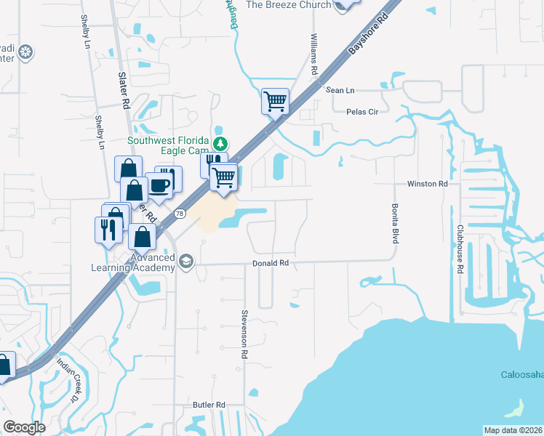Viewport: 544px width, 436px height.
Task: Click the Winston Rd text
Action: (x=427, y=185)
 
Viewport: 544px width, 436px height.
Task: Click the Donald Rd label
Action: (x=271, y=263)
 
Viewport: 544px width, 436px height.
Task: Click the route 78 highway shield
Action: (x=180, y=213)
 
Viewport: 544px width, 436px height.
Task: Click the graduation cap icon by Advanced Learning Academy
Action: (x=187, y=262)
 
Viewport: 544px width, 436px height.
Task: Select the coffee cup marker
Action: (x=159, y=185)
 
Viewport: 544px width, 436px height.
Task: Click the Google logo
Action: (x=24, y=427)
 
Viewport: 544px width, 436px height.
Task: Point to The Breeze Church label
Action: (x=289, y=4)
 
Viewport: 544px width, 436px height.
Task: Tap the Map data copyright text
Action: (x=513, y=430)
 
